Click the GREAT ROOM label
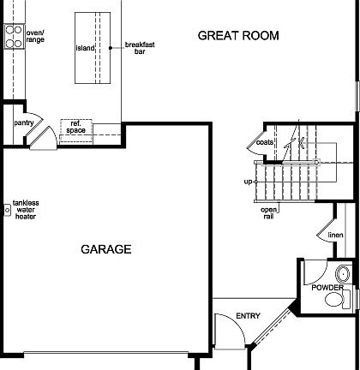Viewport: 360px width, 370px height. coord(238,35)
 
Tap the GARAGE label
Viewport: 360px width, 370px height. coord(106,250)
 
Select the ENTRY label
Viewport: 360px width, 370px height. coord(248,316)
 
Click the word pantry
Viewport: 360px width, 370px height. coord(23,123)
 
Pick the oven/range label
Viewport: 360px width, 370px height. coord(34,37)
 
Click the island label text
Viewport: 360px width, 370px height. coord(85,48)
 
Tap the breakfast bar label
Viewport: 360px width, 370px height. coord(139,48)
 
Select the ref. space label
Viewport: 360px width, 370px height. coord(75,127)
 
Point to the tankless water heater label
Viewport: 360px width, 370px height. coord(27,209)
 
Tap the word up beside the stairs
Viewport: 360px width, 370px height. coord(248,182)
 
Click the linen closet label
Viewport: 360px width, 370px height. coord(335,235)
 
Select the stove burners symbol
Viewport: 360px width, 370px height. coord(14,36)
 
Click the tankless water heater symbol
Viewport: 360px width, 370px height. coord(7,209)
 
